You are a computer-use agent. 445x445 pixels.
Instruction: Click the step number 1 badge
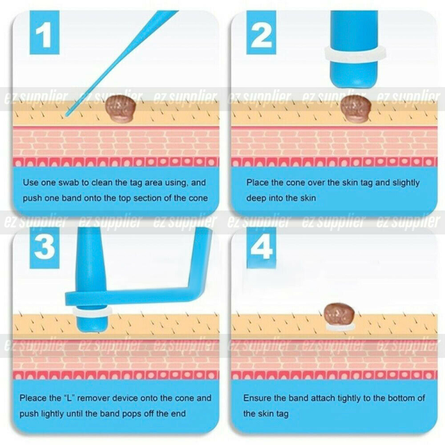[44, 33]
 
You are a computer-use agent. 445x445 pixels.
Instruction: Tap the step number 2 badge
[261, 33]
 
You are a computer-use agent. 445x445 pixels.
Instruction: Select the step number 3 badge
[44, 248]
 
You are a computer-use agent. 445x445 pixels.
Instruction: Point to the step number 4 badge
[261, 248]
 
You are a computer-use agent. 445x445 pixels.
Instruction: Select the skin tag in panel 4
[339, 314]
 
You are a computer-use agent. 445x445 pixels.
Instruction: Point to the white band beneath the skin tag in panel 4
[340, 326]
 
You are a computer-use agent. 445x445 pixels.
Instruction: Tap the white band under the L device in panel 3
[92, 311]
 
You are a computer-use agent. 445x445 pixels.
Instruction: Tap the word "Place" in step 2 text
[258, 182]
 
